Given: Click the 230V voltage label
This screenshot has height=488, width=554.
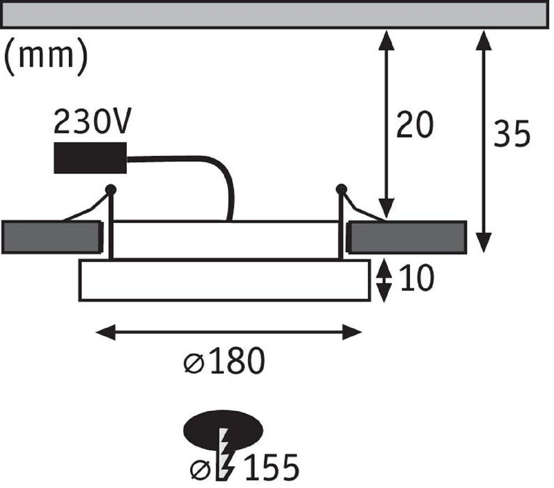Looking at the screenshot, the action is (x=93, y=122).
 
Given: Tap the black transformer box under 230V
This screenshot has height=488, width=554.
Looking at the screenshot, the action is (x=90, y=157).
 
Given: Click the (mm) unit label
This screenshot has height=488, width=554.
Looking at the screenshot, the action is (x=45, y=58).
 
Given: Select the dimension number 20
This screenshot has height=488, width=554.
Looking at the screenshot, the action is (x=414, y=126).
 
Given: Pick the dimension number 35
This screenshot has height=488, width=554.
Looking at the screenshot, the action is (x=512, y=134).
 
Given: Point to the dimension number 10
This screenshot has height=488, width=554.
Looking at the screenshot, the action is (x=416, y=279).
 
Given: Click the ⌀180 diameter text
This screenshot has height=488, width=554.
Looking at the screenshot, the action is (x=224, y=363).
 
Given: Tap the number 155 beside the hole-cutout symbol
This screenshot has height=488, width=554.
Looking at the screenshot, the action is (x=271, y=467).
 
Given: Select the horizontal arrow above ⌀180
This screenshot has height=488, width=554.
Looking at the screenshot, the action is (x=228, y=333).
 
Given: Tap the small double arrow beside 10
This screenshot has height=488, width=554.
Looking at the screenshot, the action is (x=383, y=281).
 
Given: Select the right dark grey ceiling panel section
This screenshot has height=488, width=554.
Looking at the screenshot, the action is (x=407, y=237).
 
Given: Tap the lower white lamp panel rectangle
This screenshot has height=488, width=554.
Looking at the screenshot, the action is (x=224, y=280).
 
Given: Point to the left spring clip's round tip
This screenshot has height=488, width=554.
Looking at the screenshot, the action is (x=111, y=189).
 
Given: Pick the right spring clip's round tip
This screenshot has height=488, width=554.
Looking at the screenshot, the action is (x=341, y=189).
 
